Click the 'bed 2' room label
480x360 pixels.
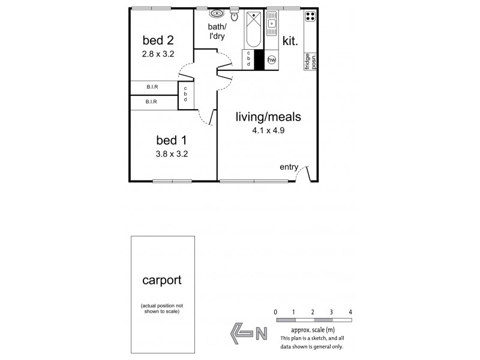(158, 41)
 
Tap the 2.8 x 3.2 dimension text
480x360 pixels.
(158, 53)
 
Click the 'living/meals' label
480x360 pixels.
(268, 117)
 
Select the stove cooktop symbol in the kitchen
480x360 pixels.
(311, 17)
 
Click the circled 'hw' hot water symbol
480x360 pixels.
(272, 60)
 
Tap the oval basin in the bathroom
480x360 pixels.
(216, 14)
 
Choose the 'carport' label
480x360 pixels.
(162, 280)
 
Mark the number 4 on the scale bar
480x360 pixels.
(350, 312)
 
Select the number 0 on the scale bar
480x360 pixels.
(275, 312)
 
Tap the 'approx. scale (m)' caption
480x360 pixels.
(313, 330)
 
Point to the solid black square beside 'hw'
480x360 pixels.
(260, 60)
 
